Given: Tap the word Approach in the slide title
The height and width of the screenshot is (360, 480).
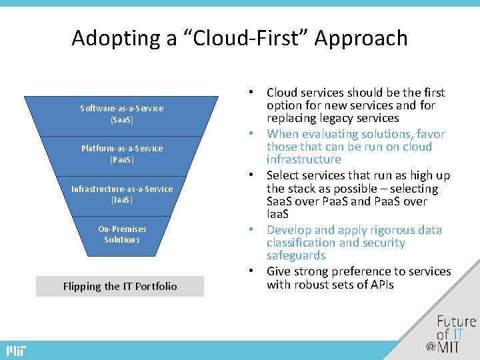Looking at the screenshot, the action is click(364, 38).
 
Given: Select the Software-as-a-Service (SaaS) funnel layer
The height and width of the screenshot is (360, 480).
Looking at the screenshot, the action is click(122, 114).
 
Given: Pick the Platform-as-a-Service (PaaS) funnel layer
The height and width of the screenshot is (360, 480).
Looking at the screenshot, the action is click(122, 154).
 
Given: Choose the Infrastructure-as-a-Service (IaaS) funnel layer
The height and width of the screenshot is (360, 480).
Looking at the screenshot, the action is click(122, 194).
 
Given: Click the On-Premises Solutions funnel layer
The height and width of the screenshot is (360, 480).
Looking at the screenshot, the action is click(122, 234).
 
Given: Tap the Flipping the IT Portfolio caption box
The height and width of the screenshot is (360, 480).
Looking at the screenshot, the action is click(120, 286).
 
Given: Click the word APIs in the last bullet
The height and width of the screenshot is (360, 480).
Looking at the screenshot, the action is click(380, 285).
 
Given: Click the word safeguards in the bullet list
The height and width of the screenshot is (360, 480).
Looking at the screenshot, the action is click(296, 255).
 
